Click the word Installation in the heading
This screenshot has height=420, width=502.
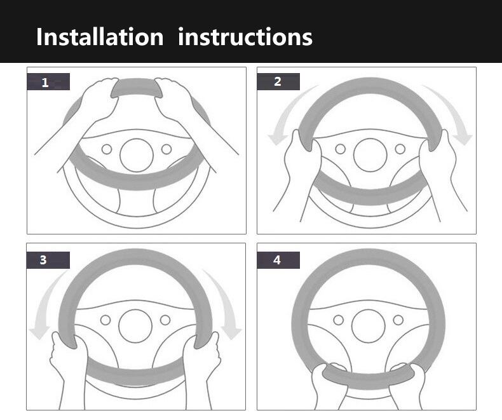pyautogui.click(x=100, y=36)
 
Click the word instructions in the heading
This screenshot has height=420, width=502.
pyautogui.click(x=245, y=36)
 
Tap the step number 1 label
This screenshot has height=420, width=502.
pyautogui.click(x=48, y=81)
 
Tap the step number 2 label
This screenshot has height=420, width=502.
pyautogui.click(x=278, y=81)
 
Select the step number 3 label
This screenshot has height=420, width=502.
pyautogui.click(x=48, y=260)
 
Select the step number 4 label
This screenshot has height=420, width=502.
pyautogui.click(x=278, y=260)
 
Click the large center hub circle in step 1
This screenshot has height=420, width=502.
pyautogui.click(x=137, y=155)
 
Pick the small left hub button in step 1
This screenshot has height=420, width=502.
pyautogui.click(x=107, y=149)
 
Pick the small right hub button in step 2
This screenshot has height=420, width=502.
pyautogui.click(x=400, y=149)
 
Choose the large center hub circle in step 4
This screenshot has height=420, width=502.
pyautogui.click(x=368, y=326)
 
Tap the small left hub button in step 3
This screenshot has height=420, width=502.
pyautogui.click(x=105, y=320)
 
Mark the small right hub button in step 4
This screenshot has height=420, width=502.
pyautogui.click(x=398, y=320)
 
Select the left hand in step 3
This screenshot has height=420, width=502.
pyautogui.click(x=69, y=362)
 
